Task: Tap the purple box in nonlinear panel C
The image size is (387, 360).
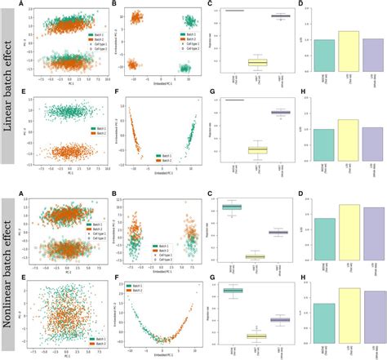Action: coord(278,233)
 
